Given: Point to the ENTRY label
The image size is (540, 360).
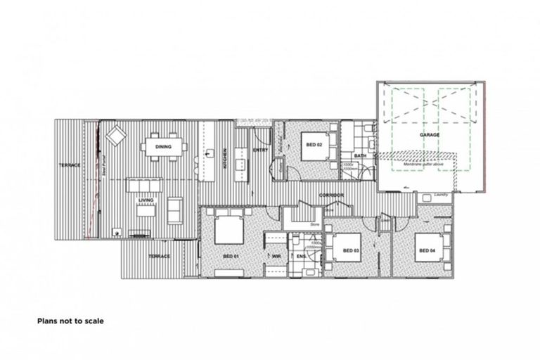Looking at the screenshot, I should point(260,150).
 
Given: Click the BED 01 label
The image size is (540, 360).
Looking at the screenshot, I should point(231,257).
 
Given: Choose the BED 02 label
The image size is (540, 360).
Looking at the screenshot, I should point(314,145).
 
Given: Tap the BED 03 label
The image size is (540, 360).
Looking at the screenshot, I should point(351,250).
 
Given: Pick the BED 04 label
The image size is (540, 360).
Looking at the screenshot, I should point(426,250).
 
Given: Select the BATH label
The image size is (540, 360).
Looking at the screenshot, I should point(360,155).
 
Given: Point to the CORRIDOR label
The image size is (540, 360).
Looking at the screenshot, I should point(330,195).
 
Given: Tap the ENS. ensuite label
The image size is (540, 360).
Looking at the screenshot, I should point(301,257).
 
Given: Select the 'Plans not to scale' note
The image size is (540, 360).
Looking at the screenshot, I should point(70,321).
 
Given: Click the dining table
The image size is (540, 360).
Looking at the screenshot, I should point(164,148).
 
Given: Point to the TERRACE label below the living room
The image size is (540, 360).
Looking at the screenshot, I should point(159,256).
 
